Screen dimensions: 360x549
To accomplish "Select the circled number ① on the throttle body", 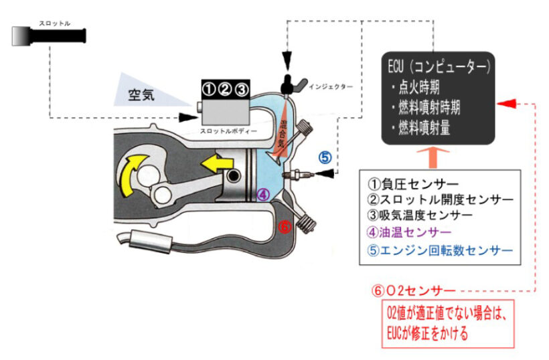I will coord(209,88).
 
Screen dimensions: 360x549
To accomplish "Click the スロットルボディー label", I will coord(228,132).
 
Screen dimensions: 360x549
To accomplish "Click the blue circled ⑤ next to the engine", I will coord(325,158).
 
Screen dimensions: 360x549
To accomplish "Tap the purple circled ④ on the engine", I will coord(263,195).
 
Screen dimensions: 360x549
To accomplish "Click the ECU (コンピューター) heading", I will coord(440,68).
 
